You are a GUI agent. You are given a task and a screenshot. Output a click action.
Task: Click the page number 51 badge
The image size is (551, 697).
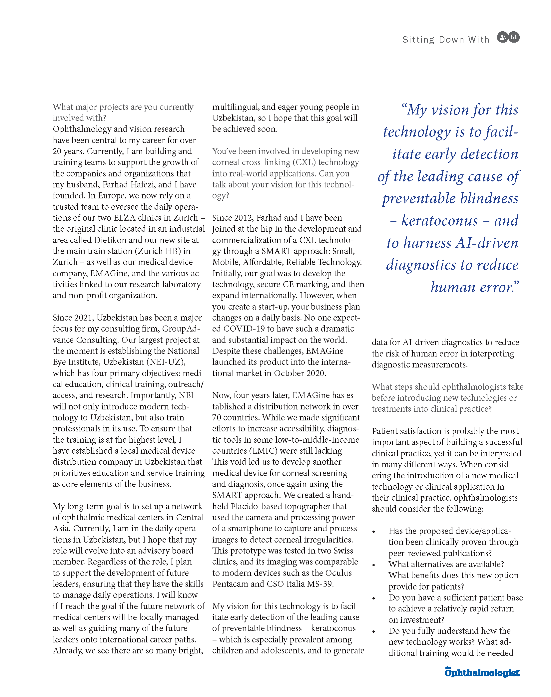[x=514, y=37]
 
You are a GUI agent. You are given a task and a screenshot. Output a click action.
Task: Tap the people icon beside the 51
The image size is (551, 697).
[x=502, y=37]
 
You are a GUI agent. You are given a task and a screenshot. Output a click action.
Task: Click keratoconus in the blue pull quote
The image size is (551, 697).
[x=439, y=221]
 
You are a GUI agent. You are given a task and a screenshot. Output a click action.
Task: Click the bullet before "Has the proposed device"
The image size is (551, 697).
[x=374, y=532]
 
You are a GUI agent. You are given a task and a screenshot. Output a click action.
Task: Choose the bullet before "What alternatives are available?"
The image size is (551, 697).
[x=374, y=565]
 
